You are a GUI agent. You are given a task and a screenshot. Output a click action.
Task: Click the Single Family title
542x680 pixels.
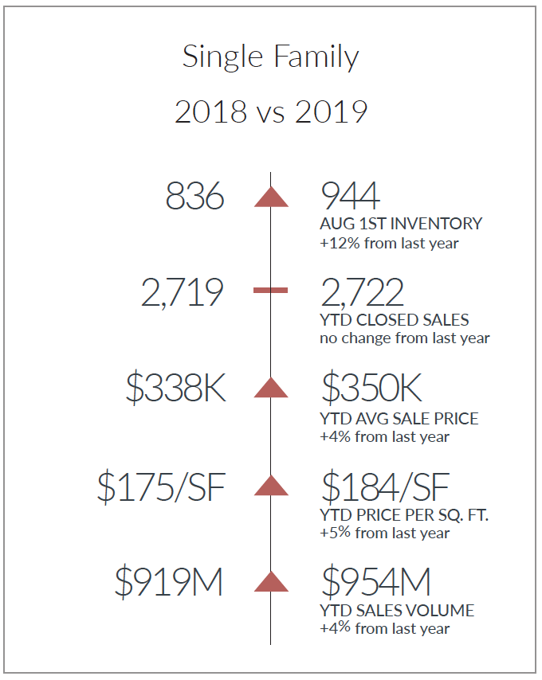270,57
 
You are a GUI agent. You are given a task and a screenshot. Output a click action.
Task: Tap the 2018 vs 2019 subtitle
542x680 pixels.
271,112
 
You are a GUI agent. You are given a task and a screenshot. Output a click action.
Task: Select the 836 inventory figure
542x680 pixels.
194,196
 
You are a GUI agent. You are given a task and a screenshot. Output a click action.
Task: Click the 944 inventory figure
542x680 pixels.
350,196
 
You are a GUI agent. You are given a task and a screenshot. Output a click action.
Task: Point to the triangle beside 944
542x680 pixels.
271,197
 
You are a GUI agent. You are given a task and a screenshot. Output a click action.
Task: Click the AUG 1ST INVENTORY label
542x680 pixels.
401,224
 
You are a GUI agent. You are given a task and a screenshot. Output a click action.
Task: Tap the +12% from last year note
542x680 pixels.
389,244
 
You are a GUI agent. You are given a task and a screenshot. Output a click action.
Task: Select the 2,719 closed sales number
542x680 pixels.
183,293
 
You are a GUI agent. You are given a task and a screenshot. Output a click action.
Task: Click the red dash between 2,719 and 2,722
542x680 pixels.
270,290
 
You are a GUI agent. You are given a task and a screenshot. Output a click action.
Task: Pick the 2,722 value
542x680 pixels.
363,293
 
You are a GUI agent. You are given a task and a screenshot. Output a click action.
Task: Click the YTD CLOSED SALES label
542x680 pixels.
395,320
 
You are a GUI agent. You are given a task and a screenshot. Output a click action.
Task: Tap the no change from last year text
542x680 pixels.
405,338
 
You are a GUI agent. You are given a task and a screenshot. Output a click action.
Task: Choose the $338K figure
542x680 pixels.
175,388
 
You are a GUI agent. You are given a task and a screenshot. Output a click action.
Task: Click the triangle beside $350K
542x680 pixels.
271,388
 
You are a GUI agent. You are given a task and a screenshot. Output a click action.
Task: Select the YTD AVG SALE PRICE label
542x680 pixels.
399,419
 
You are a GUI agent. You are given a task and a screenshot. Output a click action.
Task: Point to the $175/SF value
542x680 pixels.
161,487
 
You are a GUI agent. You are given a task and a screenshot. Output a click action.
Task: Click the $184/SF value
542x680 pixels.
385,487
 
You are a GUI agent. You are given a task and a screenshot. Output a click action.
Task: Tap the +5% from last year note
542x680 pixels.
385,533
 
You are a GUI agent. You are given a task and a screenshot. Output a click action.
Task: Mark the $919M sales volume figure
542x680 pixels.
168,582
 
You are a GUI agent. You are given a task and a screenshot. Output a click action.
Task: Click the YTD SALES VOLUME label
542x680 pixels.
397,611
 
